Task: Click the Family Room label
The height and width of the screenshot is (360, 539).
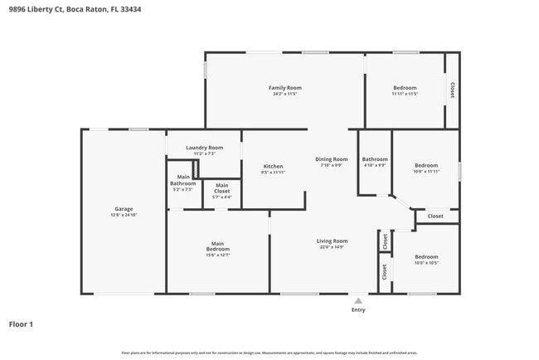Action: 284,88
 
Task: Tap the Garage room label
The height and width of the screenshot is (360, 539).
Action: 124,209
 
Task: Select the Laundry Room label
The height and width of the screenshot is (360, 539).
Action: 204,148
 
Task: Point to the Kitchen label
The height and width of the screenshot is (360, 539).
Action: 273,166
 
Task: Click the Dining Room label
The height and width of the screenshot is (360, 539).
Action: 331,159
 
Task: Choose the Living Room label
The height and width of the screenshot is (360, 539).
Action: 331,241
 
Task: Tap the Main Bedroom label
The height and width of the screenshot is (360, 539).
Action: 217,246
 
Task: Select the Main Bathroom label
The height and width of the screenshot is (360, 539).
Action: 182,180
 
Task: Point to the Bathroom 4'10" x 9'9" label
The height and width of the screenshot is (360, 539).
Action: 375,159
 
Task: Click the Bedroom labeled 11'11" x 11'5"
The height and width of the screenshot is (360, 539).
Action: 405,88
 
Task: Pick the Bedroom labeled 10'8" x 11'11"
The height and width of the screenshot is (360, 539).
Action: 427,166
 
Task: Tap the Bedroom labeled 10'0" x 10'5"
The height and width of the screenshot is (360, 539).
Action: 427,257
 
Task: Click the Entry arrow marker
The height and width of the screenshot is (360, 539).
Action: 357,300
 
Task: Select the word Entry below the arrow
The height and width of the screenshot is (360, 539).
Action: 357,310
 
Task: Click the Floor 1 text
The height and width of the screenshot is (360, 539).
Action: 21,324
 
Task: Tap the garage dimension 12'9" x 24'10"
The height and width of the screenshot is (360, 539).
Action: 124,215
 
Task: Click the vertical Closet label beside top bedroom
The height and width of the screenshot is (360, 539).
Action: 452,90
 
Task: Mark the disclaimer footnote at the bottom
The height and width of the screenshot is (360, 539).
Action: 269,353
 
